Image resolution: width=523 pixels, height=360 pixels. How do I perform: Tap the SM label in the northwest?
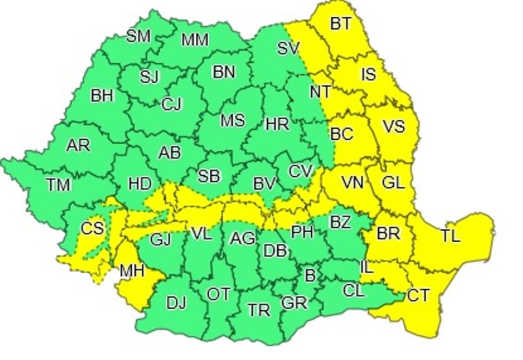coord(139,36)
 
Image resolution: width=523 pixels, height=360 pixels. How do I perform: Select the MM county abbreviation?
coord(195,40)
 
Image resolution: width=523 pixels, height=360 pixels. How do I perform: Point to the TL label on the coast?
coord(450,236)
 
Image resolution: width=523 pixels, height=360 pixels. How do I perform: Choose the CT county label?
coord(418,296)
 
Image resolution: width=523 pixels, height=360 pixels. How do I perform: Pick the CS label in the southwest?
coord(92,229)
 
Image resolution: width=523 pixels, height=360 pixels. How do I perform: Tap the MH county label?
coord(132,272)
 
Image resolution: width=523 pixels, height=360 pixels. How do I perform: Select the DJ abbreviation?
coord(176,303)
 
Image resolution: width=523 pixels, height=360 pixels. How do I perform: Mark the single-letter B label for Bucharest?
coord(310,276)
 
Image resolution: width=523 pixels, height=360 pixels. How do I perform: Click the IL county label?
coord(367,268)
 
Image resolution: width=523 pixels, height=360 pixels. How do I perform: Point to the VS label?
coord(393,126)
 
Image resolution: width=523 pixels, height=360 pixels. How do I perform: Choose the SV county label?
coord(288,49)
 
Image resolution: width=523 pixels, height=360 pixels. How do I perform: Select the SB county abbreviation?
coord(209,176)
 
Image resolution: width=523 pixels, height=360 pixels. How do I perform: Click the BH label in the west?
coord(102,96)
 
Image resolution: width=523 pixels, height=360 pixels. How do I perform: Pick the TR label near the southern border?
coord(259,310)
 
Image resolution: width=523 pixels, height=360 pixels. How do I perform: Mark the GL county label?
coord(393,183)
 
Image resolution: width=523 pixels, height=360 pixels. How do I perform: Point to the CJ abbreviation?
coord(172,105)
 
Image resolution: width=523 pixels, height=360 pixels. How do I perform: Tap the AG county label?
coord(243,239)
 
